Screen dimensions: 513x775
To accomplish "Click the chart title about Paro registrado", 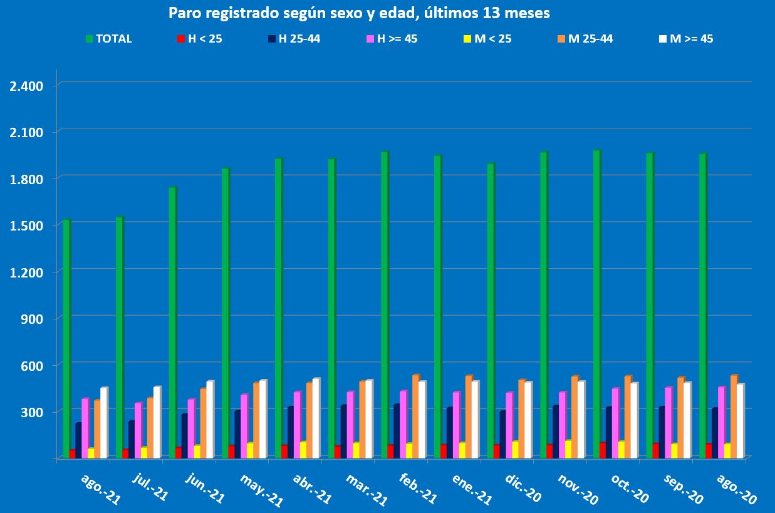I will point(359,13).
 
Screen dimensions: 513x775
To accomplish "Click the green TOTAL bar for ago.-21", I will point(66,338).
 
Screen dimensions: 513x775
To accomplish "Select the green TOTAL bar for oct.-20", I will point(596,304).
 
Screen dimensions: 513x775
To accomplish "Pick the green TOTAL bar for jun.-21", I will point(172,323).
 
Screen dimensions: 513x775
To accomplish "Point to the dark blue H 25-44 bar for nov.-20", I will point(556,432).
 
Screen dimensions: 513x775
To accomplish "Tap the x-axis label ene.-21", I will point(472,489).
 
